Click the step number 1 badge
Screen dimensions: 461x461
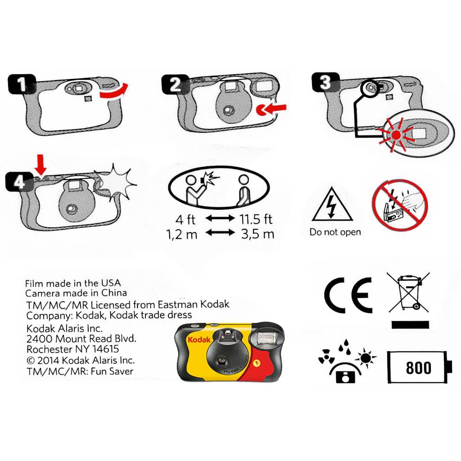click(x=22, y=84)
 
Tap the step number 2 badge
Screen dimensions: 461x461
click(x=176, y=84)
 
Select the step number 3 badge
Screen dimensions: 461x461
click(x=325, y=82)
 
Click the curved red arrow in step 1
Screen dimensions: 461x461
click(x=113, y=93)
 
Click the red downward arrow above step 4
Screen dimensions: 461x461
click(x=41, y=165)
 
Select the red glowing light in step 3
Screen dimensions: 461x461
click(x=396, y=135)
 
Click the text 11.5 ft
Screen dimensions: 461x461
click(x=256, y=219)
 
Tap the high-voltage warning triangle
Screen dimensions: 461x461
click(x=332, y=204)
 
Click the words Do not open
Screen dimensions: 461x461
click(x=335, y=232)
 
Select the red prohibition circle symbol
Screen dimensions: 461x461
click(x=400, y=205)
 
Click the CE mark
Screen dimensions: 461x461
click(x=348, y=295)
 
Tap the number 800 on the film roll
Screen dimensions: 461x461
click(x=419, y=367)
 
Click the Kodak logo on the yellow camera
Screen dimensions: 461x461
click(x=199, y=339)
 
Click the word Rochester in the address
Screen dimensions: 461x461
click(x=50, y=349)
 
